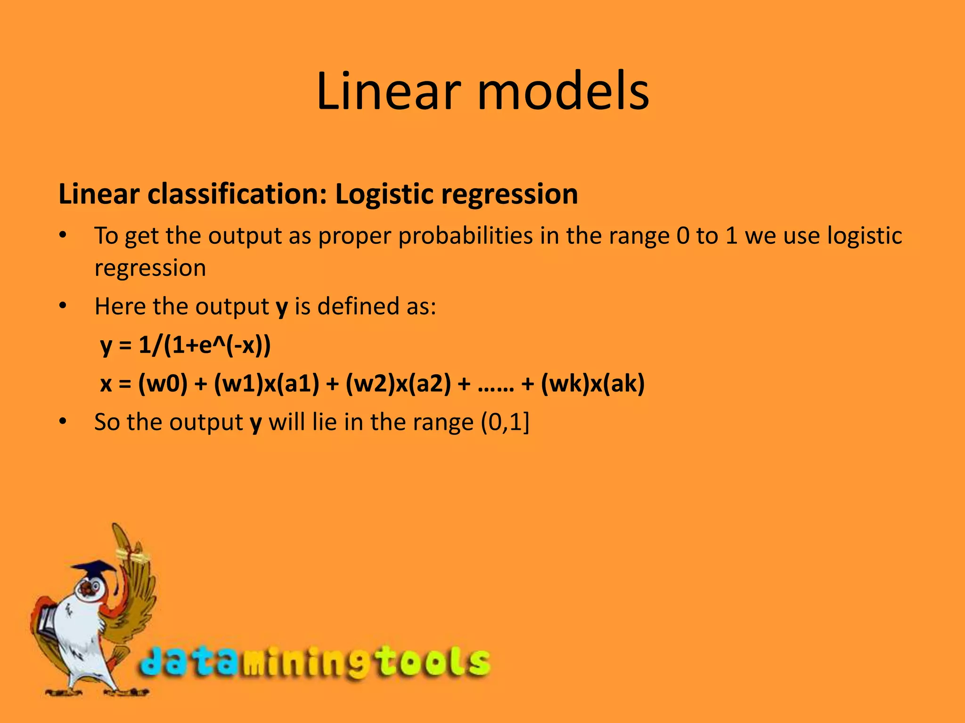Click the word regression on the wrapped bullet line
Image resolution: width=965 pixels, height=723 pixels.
tap(150, 268)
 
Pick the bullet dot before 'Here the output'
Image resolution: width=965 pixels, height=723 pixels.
tap(63, 306)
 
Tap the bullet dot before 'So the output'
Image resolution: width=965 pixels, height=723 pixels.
tap(63, 422)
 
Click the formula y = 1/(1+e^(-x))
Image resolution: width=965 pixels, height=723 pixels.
tap(186, 346)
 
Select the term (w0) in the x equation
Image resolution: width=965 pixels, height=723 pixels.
tap(163, 384)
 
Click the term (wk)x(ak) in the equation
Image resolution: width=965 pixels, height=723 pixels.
tap(592, 384)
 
